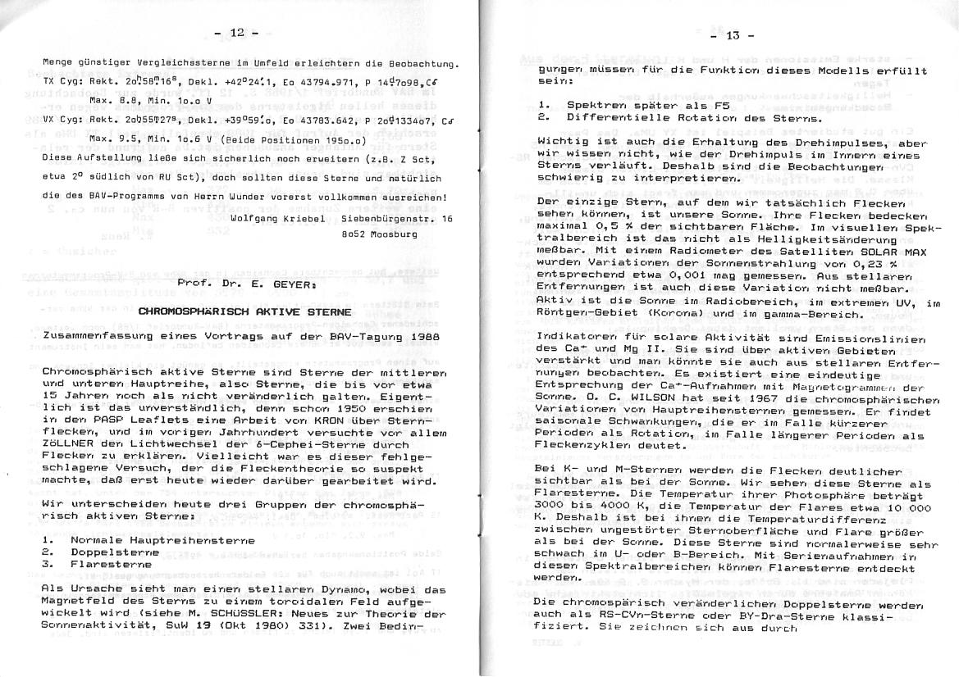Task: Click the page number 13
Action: click(732, 35)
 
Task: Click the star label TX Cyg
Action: click(59, 83)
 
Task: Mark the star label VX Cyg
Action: click(59, 119)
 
